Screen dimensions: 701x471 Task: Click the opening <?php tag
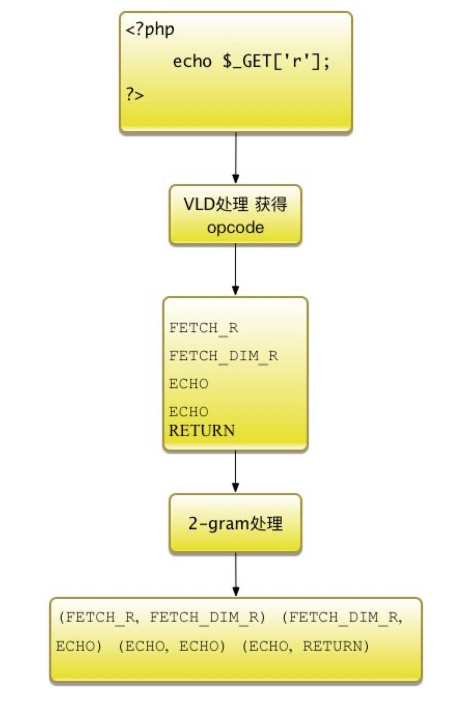(x=150, y=30)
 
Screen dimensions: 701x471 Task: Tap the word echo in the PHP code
(x=192, y=62)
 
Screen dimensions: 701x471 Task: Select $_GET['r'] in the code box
(x=275, y=62)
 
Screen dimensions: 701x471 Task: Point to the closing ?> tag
(x=134, y=94)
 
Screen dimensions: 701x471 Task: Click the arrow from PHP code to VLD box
(x=235, y=158)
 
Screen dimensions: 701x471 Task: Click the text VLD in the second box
(x=199, y=204)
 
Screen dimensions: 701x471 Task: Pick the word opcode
(x=235, y=228)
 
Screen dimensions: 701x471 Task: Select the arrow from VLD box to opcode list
(x=235, y=270)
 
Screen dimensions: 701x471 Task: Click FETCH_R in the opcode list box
(x=203, y=328)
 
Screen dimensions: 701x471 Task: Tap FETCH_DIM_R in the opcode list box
(x=223, y=356)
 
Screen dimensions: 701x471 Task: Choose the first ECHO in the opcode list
(x=188, y=384)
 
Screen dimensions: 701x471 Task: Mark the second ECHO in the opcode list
(x=188, y=412)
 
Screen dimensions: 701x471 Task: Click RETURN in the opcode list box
(x=202, y=430)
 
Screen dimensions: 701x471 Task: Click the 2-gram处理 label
(x=235, y=524)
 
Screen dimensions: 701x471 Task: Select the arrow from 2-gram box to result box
(x=235, y=574)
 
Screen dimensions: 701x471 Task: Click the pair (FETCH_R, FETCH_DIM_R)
(x=162, y=618)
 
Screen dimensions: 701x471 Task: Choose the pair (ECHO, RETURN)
(x=306, y=647)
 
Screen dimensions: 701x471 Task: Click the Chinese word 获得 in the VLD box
(x=271, y=204)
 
